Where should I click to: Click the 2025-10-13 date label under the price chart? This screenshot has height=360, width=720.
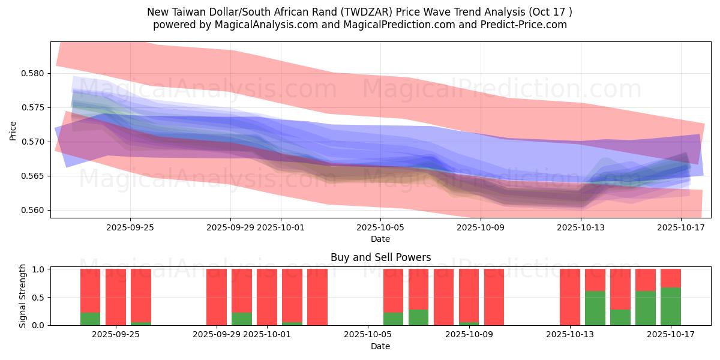[x=581, y=227]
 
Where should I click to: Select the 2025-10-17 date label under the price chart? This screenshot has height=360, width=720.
[x=681, y=227]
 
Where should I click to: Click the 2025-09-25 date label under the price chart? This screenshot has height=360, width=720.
[x=130, y=227]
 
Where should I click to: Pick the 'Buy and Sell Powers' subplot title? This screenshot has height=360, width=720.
[x=380, y=257]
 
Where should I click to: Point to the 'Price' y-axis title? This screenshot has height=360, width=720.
[x=13, y=130]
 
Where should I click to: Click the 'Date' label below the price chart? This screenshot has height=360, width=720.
[x=380, y=239]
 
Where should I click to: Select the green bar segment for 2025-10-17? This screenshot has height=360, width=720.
[x=671, y=306]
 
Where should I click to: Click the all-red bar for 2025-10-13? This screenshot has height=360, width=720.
[x=570, y=297]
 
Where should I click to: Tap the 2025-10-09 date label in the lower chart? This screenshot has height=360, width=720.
[x=481, y=335]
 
